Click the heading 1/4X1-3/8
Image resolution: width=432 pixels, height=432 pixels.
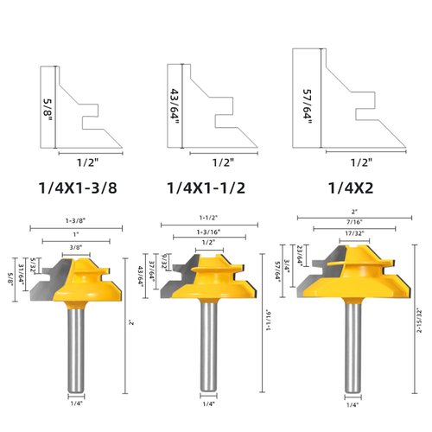[x=82, y=187]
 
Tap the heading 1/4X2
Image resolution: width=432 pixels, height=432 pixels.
[x=349, y=187]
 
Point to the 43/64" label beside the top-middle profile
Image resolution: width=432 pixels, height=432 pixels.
[x=174, y=103]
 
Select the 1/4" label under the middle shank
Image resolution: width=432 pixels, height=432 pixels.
[x=207, y=403]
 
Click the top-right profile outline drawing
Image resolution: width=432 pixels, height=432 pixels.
[x=346, y=99]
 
